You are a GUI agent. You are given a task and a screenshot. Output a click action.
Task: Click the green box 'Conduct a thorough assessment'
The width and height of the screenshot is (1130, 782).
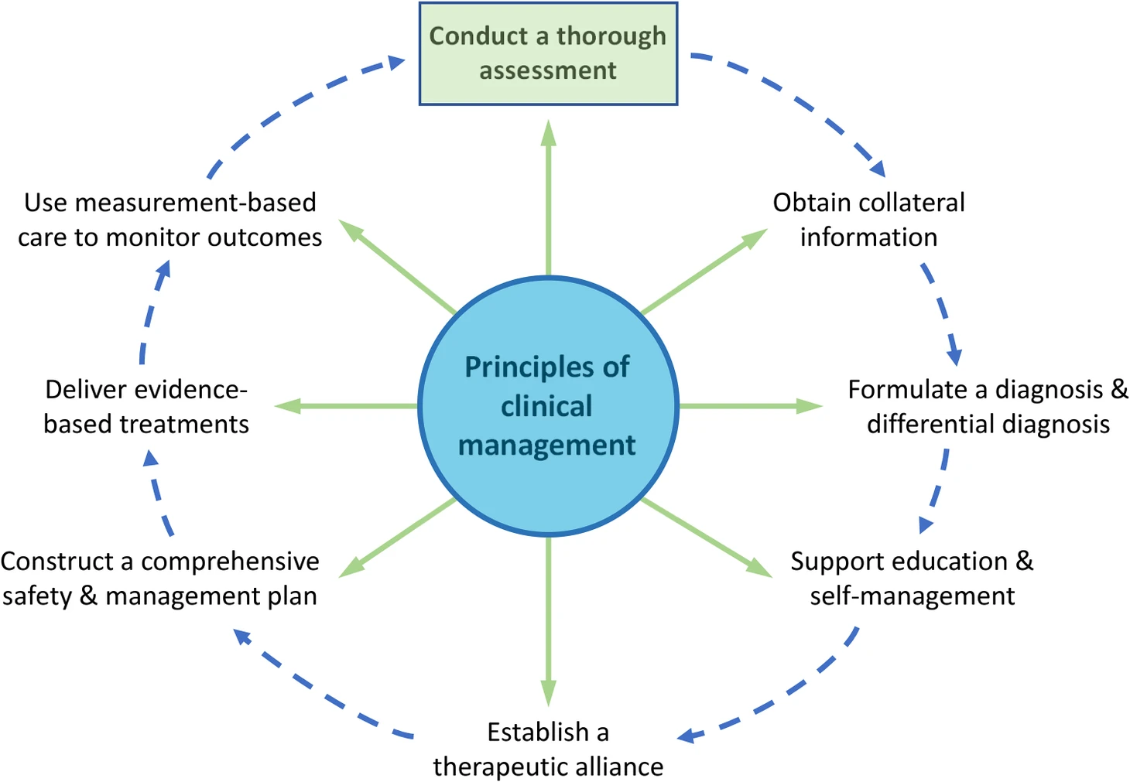(548, 53)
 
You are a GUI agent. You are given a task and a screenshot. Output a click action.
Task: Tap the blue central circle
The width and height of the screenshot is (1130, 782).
(548, 406)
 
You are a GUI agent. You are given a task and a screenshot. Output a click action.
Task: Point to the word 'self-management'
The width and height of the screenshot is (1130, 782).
(912, 596)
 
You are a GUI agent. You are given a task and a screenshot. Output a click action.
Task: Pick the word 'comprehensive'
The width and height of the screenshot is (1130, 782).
(230, 562)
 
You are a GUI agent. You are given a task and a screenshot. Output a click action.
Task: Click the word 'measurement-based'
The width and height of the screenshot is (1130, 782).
(195, 203)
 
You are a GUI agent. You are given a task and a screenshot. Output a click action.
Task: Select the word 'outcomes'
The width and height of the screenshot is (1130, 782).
(265, 237)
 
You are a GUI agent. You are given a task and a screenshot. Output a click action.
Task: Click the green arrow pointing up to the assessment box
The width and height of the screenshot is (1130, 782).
(548, 198)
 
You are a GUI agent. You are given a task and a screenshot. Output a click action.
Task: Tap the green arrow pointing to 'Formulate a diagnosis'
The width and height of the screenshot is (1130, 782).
(751, 406)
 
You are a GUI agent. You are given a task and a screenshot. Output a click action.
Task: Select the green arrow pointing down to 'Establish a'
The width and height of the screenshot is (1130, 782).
(548, 621)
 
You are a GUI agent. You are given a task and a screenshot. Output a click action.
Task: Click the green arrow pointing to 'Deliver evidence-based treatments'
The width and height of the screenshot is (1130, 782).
(346, 406)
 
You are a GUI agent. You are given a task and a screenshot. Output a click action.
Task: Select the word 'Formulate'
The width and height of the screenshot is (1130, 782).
(901, 389)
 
